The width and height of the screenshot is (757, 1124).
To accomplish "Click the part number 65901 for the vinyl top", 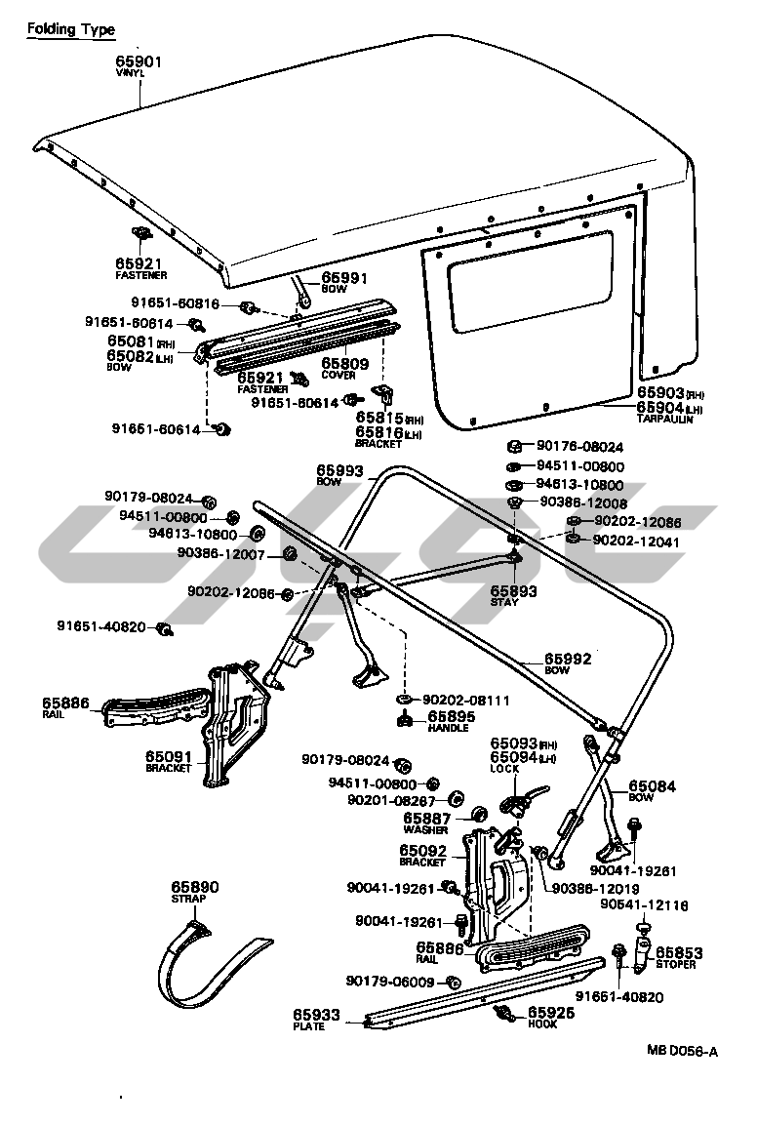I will [x=139, y=60].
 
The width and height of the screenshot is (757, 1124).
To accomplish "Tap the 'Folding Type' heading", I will [x=70, y=30].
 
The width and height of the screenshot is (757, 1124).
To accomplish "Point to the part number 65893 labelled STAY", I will [x=513, y=591].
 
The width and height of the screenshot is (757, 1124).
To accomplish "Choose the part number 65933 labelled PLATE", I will [x=316, y=1016].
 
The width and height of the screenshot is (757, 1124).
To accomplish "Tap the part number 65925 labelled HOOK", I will [x=552, y=1013].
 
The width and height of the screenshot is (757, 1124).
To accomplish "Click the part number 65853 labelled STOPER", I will [x=679, y=952].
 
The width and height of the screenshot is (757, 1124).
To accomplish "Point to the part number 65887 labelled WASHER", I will [x=426, y=819].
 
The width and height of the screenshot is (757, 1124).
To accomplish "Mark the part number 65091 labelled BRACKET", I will [x=170, y=756].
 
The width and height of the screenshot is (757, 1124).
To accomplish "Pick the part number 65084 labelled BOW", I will [x=652, y=785].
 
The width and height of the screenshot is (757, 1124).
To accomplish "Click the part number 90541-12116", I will [x=645, y=905].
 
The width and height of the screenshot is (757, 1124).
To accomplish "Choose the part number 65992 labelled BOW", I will [x=568, y=659].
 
